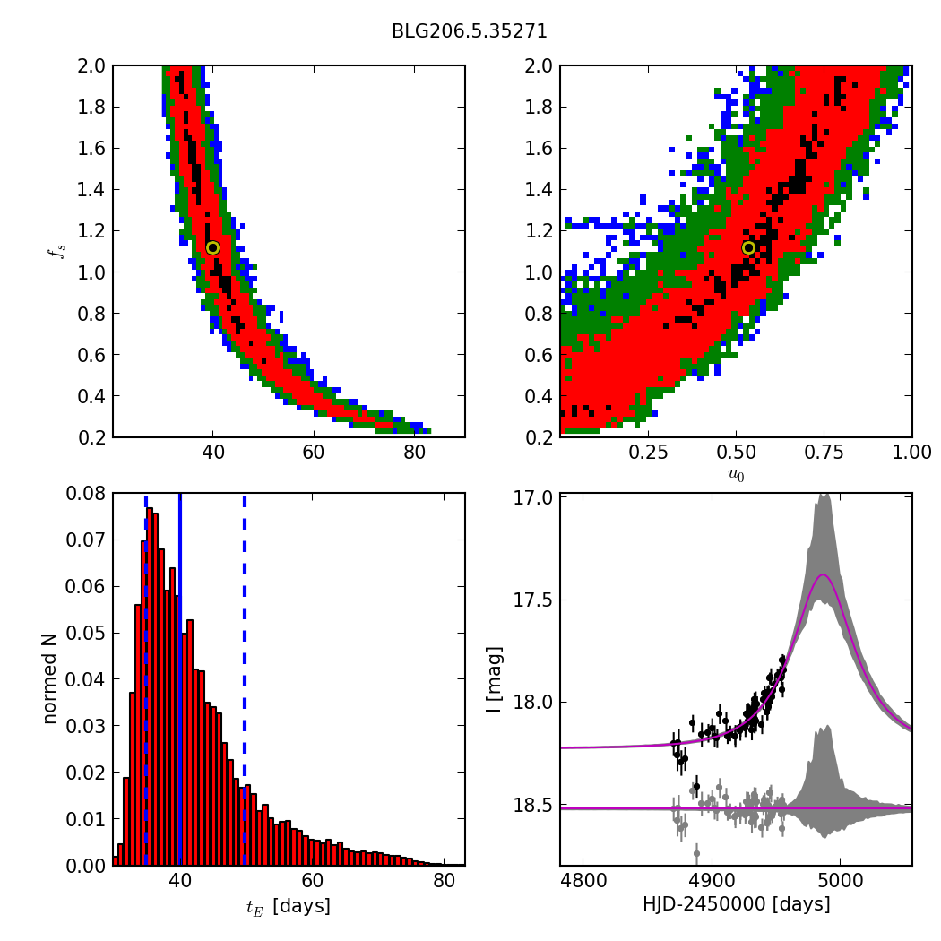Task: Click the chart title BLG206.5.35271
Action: click(469, 31)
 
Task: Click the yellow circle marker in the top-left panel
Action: click(212, 247)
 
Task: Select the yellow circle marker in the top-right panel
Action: click(748, 247)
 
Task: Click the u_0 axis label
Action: click(736, 476)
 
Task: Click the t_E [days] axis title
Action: click(288, 906)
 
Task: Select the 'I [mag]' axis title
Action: click(494, 678)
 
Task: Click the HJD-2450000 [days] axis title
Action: click(736, 904)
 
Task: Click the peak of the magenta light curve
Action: click(823, 574)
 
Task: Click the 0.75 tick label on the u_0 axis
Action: click(824, 453)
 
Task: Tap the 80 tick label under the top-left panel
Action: click(414, 453)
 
